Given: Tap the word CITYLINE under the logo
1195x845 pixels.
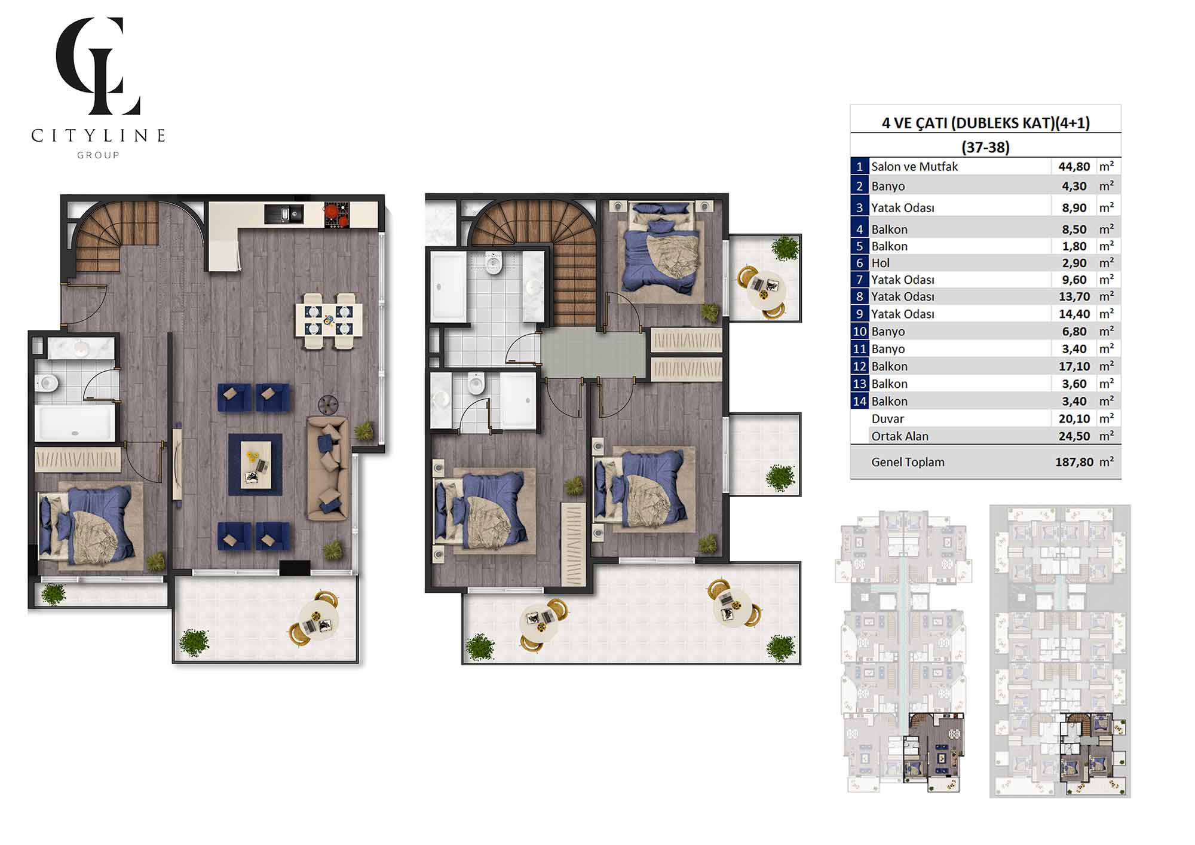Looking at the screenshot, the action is point(99,136).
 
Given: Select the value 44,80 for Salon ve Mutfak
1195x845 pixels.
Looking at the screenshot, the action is point(1074,167).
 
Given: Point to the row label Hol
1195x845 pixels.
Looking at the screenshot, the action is point(880,263).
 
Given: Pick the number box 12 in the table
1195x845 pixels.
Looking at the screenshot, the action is point(859,366).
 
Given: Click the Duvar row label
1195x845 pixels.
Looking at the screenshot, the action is point(887,419).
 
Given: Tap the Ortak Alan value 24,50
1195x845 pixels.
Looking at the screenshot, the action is point(1074,436).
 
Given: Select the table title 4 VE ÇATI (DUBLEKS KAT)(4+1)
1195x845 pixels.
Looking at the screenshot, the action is point(986,123).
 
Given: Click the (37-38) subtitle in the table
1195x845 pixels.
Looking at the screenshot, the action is point(985,147).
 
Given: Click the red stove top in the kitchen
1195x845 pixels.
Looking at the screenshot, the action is point(336,215).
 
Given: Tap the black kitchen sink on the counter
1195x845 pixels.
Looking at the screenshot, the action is point(284,214).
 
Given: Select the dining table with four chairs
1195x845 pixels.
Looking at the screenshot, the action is point(329,320).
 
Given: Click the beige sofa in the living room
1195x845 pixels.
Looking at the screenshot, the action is point(327,469).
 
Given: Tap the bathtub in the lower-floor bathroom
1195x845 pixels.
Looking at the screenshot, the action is point(74,422).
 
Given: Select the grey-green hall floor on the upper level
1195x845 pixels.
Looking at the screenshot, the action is point(593,354).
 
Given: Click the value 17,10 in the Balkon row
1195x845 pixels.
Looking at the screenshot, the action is point(1074,366).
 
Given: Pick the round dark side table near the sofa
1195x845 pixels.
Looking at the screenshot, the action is point(328,405).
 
